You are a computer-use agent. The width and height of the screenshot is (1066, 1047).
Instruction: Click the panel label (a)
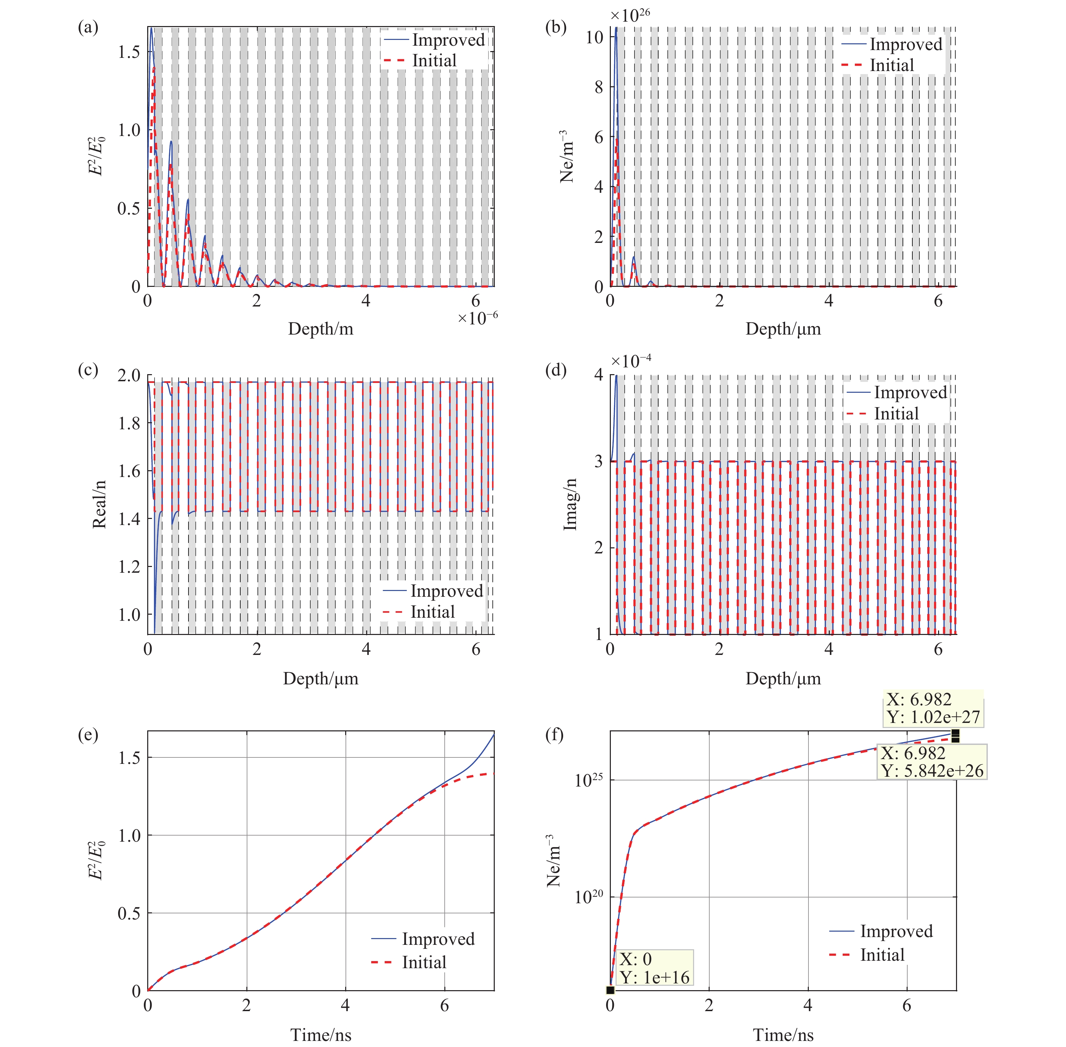click(88, 27)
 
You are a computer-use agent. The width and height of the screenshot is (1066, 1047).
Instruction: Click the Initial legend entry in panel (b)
click(891, 65)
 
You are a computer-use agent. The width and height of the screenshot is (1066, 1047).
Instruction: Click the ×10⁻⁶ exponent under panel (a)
click(478, 318)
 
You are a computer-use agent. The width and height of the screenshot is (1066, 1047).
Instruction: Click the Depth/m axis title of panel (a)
click(321, 329)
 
